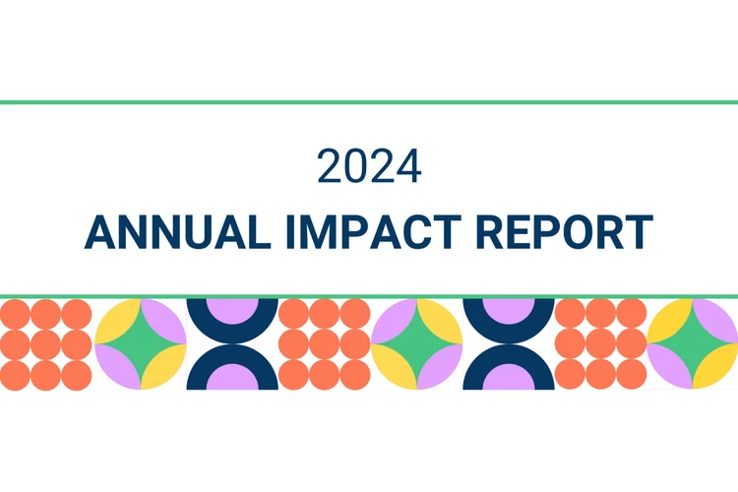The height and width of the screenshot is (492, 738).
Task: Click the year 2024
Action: pyautogui.click(x=369, y=166)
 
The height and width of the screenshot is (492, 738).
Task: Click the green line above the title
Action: pyautogui.click(x=369, y=101)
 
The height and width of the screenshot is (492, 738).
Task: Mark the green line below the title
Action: pyautogui.click(x=369, y=294)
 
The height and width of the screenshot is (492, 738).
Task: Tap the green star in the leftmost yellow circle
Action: pyautogui.click(x=141, y=344)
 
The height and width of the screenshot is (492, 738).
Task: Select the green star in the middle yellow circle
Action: pyautogui.click(x=417, y=344)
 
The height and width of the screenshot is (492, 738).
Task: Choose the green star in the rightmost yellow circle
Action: pyautogui.click(x=693, y=344)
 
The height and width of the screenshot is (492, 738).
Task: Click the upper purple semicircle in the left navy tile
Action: pyautogui.click(x=232, y=308)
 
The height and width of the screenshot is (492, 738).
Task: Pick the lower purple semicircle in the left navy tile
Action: pyautogui.click(x=232, y=379)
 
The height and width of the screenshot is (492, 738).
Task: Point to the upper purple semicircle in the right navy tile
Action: pyautogui.click(x=509, y=308)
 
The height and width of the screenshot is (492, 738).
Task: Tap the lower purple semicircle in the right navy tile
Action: pyautogui.click(x=509, y=379)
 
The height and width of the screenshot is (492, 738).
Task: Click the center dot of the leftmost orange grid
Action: pyautogui.click(x=46, y=344)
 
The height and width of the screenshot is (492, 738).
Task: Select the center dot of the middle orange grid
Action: pyautogui.click(x=324, y=344)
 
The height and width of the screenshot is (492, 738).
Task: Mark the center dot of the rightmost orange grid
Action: pyautogui.click(x=600, y=344)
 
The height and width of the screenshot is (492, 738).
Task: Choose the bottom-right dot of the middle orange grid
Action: pyautogui.click(x=354, y=375)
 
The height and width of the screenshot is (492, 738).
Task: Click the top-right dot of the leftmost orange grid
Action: pyautogui.click(x=77, y=314)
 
